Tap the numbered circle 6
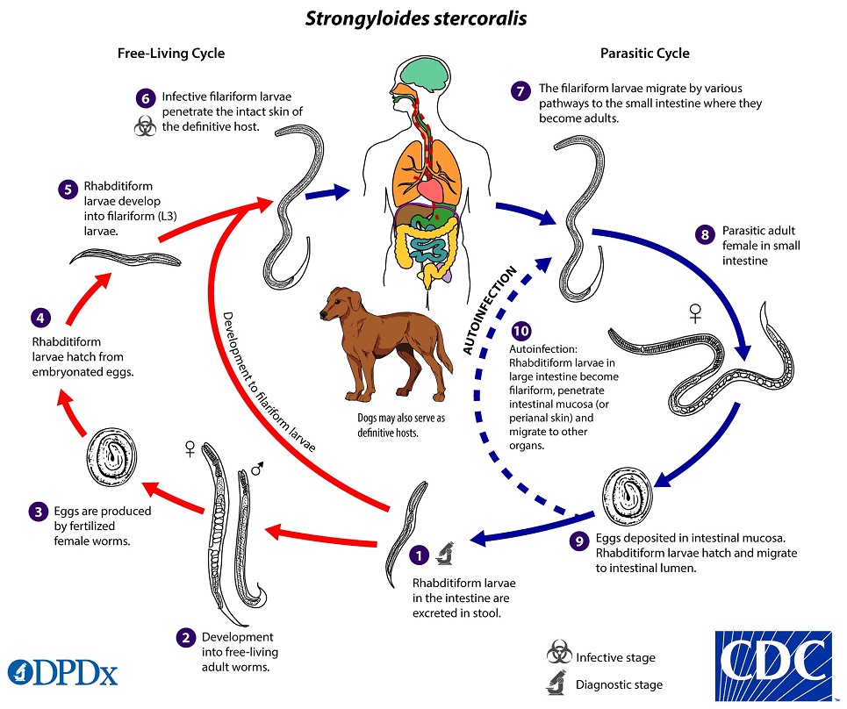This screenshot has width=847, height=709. (147, 98)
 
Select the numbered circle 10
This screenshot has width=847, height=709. (521, 331)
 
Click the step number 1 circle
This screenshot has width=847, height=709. (420, 555)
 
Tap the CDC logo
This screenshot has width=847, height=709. (773, 662)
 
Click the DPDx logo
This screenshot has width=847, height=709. (62, 671)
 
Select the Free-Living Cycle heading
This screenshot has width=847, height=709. (171, 54)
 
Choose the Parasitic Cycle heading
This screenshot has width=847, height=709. (644, 54)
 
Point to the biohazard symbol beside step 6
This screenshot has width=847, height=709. (145, 128)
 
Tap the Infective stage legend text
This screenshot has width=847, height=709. (615, 657)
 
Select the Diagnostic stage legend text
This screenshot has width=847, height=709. (619, 684)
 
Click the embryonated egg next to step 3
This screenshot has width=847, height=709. (111, 457)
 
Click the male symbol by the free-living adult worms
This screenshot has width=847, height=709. (257, 469)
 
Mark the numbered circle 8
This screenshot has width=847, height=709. (704, 234)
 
